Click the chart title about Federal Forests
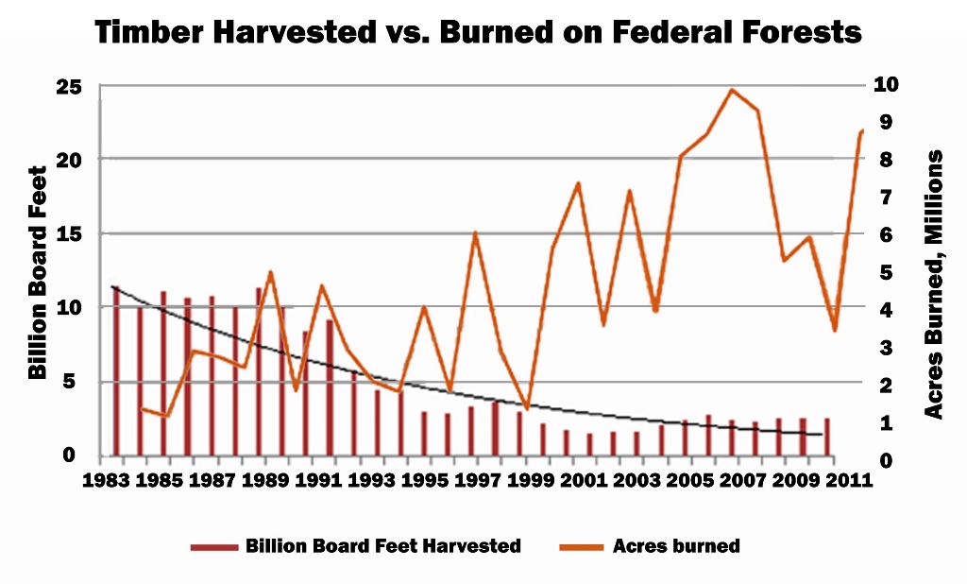pyautogui.click(x=478, y=33)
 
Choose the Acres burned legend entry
pyautogui.click(x=675, y=546)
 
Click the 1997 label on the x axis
pyautogui.click(x=477, y=479)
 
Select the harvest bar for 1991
pyautogui.click(x=330, y=387)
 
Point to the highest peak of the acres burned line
pyautogui.click(x=731, y=90)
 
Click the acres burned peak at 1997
pyautogui.click(x=476, y=232)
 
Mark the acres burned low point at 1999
pyautogui.click(x=527, y=408)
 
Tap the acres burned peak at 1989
pyautogui.click(x=271, y=272)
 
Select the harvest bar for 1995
pyautogui.click(x=424, y=433)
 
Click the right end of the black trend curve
pyautogui.click(x=823, y=435)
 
